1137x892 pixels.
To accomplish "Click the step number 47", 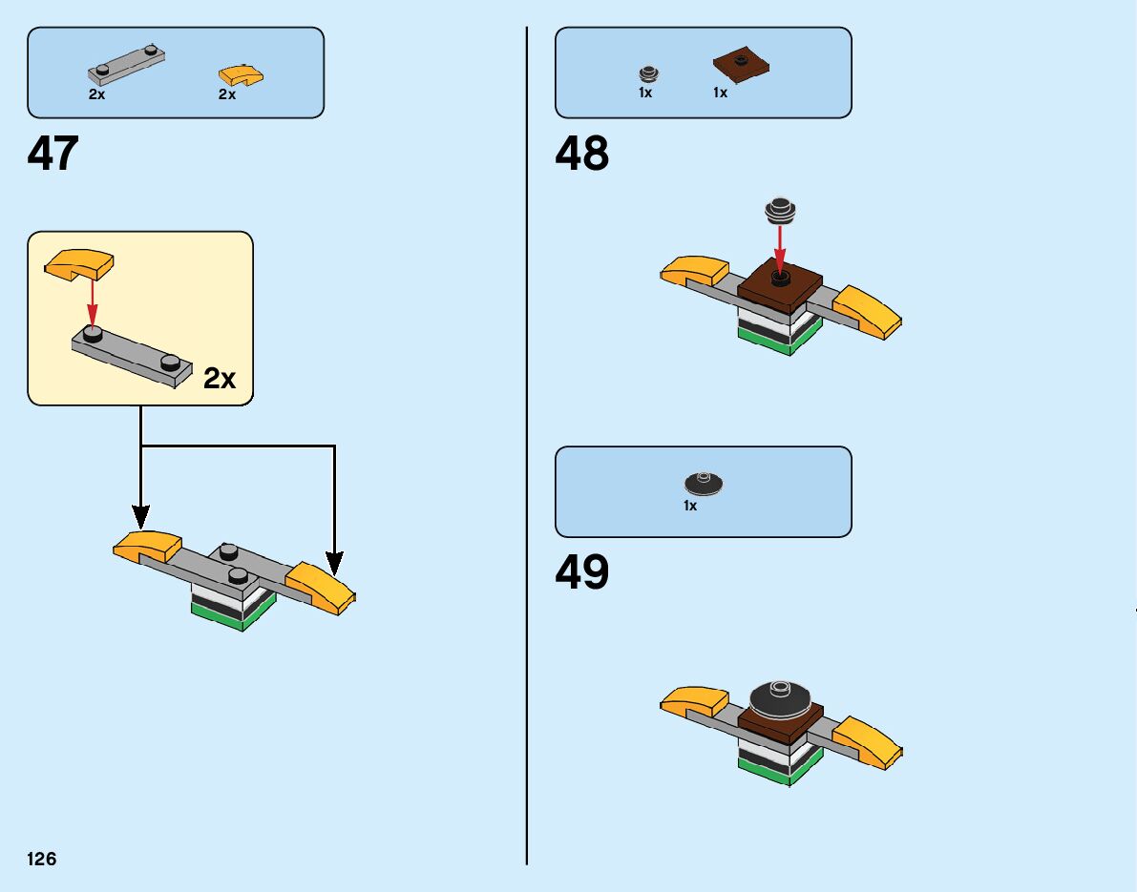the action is tap(53, 153).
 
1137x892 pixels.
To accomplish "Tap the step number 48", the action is tap(581, 153).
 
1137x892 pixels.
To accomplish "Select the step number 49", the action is tap(581, 572).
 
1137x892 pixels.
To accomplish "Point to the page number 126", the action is tap(42, 860).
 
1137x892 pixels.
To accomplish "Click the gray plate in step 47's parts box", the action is tap(126, 64).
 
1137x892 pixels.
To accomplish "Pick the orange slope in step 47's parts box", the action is tap(241, 74).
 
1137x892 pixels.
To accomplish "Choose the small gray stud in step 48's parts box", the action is tap(648, 73).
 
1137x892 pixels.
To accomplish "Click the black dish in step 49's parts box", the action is tap(705, 484).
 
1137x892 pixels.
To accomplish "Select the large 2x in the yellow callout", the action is tap(220, 379).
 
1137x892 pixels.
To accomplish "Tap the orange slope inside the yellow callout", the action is tap(79, 263).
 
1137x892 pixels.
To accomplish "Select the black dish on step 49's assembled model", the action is tap(781, 698).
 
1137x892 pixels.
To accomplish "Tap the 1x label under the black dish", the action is tap(690, 507).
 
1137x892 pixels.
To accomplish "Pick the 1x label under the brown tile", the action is tap(720, 93).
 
